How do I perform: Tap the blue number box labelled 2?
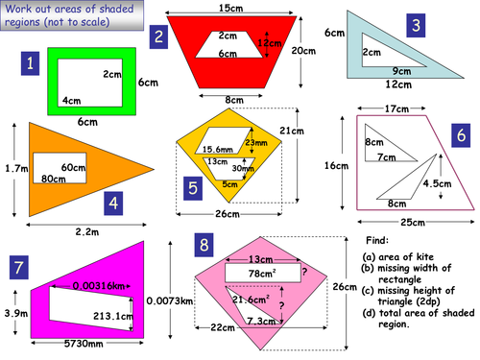(159, 36)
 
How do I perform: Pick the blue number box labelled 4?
(114, 203)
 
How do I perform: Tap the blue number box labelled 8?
(204, 245)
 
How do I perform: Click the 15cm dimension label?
(229, 9)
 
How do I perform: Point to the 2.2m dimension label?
(86, 231)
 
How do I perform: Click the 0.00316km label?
(99, 285)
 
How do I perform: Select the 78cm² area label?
(262, 275)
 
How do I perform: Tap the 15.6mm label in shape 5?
(219, 149)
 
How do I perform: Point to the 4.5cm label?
(436, 183)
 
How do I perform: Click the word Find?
(379, 241)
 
